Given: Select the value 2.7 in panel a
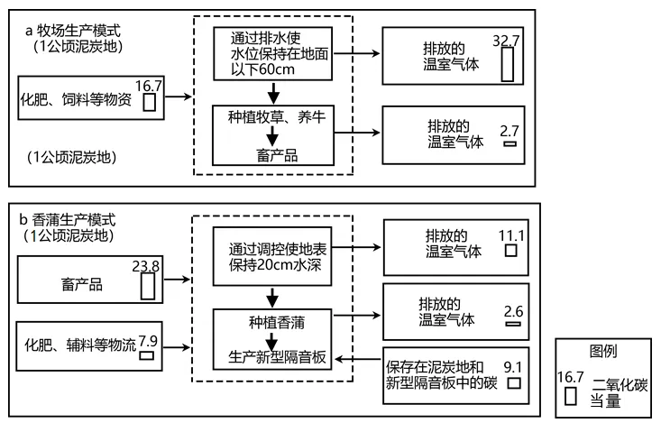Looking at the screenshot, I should pos(510,131).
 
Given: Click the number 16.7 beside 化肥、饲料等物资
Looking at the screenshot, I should pos(149,86).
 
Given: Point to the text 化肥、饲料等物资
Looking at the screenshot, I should pos(76,100).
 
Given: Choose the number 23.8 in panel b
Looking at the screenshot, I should pos(146,267).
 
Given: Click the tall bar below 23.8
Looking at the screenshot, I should pos(148,287).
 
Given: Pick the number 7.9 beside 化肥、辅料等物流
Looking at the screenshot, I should pos(148,341).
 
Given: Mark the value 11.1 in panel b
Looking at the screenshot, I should pos(511,235).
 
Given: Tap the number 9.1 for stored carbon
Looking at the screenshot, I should pos(512,366).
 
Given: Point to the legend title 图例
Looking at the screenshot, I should pos(603,351).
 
